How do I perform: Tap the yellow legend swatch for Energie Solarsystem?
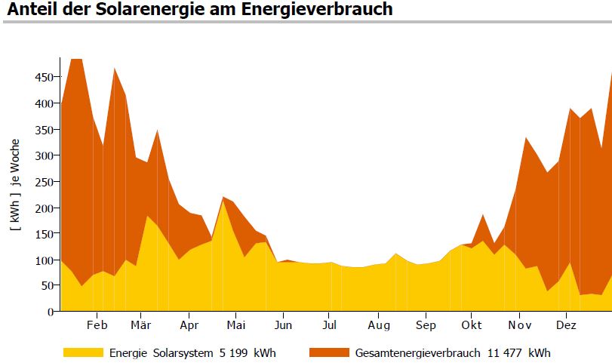coord(83,352)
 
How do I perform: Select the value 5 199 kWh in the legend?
coord(241,352)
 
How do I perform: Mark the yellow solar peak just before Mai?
coord(223,201)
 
